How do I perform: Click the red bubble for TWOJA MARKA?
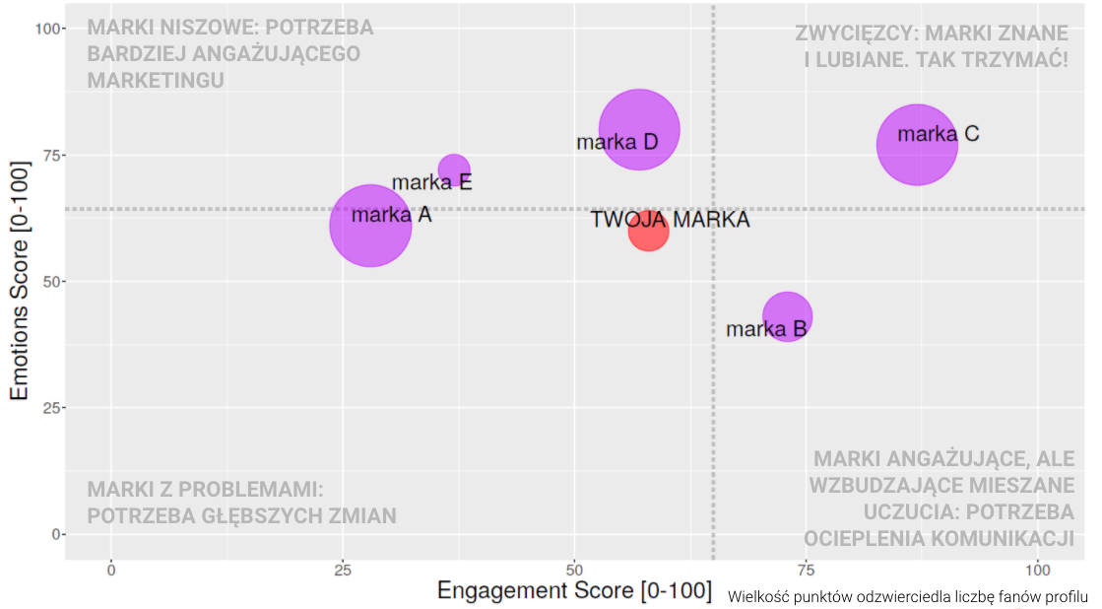[x=648, y=231]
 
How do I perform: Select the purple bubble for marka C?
[x=917, y=145]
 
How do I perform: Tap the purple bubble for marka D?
[x=639, y=129]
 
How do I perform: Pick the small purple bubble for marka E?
[x=453, y=170]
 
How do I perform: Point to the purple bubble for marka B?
[x=787, y=316]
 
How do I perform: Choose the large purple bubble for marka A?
[x=370, y=226]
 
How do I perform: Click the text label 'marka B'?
[x=766, y=329]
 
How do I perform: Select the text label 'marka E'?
[x=431, y=182]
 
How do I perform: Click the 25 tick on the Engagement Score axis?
[x=343, y=570]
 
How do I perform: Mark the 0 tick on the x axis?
[x=111, y=570]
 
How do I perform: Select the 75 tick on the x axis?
[x=806, y=570]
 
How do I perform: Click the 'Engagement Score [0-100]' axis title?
[x=573, y=591]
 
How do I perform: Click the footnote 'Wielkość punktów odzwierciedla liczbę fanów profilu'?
[x=908, y=597]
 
